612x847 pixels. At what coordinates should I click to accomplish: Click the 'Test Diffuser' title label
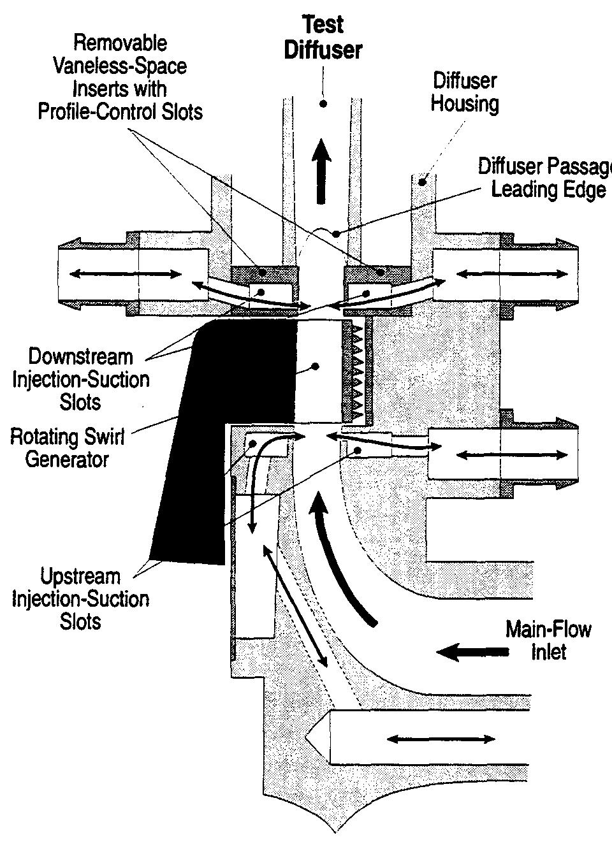pos(323,38)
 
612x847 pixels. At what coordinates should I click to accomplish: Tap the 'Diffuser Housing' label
pos(464,92)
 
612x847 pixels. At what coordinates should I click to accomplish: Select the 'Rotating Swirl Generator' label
pos(67,448)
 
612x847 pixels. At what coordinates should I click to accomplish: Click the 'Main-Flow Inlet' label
pos(548,641)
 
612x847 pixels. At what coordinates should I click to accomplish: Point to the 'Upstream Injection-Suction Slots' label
pos(80,599)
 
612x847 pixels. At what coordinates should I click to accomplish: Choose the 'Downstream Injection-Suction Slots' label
pos(80,379)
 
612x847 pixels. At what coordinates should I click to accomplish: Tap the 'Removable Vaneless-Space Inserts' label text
pos(120,78)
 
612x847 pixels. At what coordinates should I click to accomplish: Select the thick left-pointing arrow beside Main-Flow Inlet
pos(472,652)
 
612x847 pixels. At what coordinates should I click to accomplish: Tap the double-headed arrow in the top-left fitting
pos(125,274)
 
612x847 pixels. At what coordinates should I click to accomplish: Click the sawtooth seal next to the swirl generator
pos(354,370)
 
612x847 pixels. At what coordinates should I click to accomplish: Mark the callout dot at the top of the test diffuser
pos(323,103)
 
